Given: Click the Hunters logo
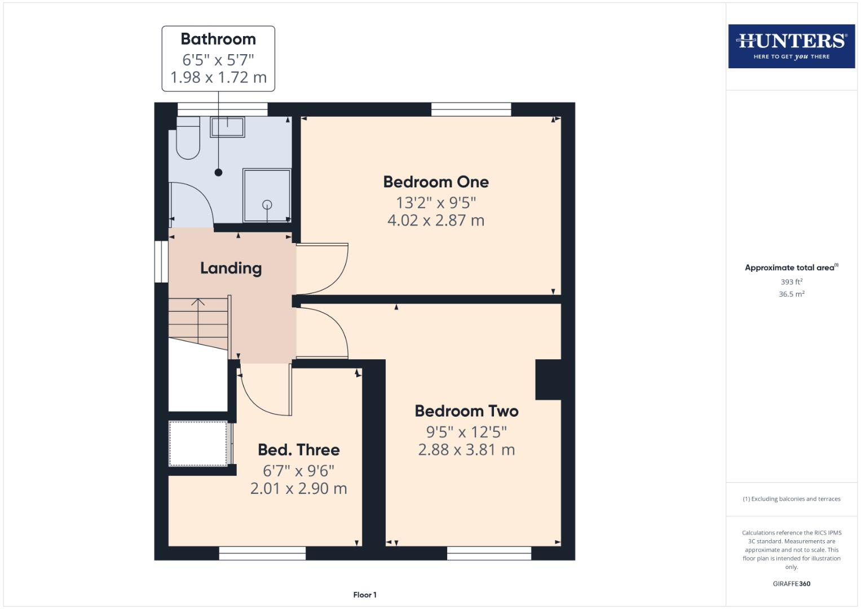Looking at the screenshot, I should coord(791,46).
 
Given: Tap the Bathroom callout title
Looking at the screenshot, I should coord(218,39).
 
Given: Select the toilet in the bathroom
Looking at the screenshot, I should coord(188,139).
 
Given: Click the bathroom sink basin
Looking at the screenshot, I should coord(227,127).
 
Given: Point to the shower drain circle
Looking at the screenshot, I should coord(267,205).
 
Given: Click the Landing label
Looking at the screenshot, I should coord(231,268).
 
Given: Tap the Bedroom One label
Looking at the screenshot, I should coord(436,182).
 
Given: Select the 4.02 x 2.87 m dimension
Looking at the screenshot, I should coord(436,220).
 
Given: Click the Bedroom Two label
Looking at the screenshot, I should coord(466,411).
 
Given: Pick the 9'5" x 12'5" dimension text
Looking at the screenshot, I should coord(466,432).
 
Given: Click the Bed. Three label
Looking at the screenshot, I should coord(299,450).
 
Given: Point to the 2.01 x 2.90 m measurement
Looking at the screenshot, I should coord(299,488).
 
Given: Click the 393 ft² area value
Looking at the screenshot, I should coord(791,282).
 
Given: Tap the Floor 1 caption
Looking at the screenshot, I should coord(365,595).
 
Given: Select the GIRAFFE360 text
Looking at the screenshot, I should coord(791,584).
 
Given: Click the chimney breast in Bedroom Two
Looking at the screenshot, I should coord(547,379).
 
